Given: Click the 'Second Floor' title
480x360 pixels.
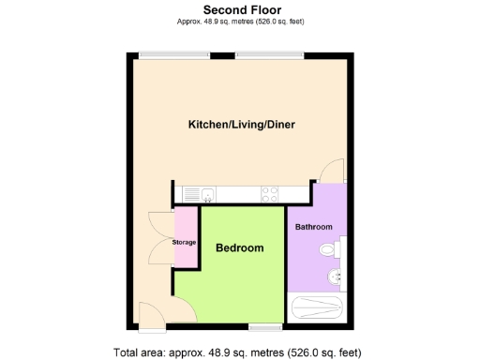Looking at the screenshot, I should click(239, 8).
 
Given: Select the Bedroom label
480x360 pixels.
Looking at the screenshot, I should click(239, 248).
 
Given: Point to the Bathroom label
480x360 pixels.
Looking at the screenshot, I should click(314, 227).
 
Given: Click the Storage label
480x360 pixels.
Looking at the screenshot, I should click(184, 243).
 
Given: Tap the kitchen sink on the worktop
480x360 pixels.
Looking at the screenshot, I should click(207, 195).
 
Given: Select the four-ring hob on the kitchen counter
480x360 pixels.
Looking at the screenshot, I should click(269, 195).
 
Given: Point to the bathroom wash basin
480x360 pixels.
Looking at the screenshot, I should click(335, 278).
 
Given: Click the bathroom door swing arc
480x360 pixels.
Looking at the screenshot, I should click(328, 172).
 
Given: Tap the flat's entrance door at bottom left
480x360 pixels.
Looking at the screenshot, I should click(150, 315).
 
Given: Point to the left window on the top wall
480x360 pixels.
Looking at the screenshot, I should click(161, 55).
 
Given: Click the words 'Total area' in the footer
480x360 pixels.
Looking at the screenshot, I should click(139, 352).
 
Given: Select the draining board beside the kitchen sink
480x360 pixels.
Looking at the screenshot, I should click(191, 195).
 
